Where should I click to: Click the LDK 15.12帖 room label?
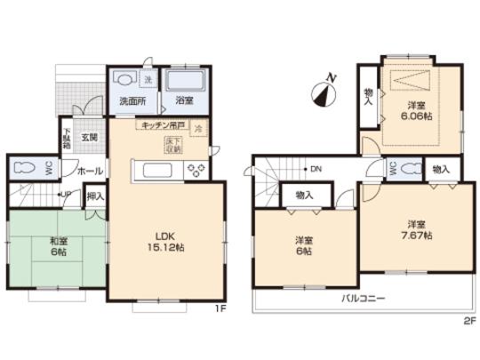[x=163, y=242]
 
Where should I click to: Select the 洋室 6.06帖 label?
[x=414, y=110]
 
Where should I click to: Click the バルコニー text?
[x=363, y=300]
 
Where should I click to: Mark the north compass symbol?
[x=326, y=89]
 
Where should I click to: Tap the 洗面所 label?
[x=132, y=101]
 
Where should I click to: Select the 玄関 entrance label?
[x=90, y=138]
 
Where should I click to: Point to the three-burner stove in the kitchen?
[x=196, y=169]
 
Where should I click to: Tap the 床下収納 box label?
[x=173, y=145]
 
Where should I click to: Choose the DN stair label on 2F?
[x=316, y=169]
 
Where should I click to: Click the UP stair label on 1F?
[x=67, y=195]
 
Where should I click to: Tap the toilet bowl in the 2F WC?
[x=411, y=169]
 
